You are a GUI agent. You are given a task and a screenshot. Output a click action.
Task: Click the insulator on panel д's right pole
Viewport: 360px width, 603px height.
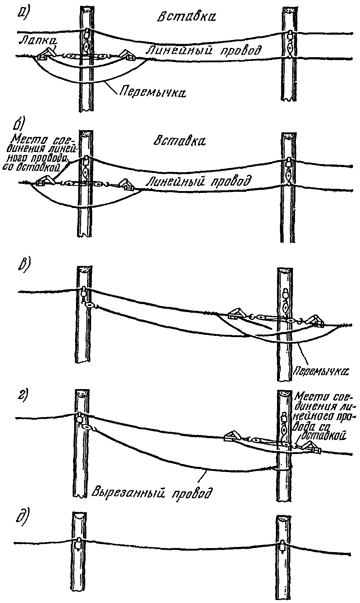283,546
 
